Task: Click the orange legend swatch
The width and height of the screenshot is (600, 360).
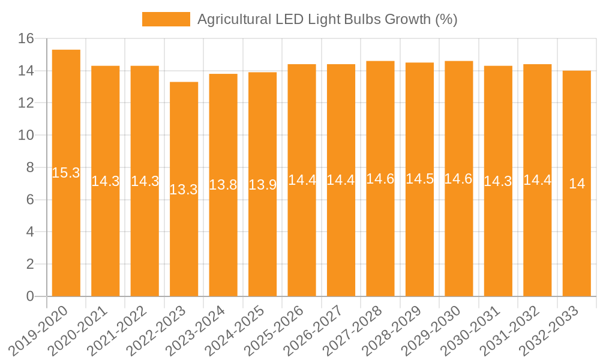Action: [x=166, y=19]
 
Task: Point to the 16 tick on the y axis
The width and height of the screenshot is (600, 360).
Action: [x=26, y=39]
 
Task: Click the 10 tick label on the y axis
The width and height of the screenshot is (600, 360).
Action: [x=26, y=136]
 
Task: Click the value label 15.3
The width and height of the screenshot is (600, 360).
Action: [x=66, y=173]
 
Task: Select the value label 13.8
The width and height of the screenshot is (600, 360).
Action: [x=223, y=185]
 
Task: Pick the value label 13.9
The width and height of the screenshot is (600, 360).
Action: [x=262, y=185]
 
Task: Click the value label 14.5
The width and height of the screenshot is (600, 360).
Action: [x=419, y=179]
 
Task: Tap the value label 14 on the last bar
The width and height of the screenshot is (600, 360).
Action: [x=577, y=184]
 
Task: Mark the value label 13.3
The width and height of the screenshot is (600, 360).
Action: [x=184, y=190]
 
